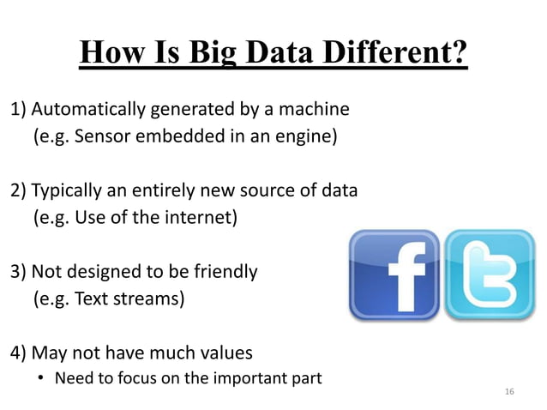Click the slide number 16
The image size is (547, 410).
click(510, 392)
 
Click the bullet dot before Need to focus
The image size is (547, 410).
click(39, 377)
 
